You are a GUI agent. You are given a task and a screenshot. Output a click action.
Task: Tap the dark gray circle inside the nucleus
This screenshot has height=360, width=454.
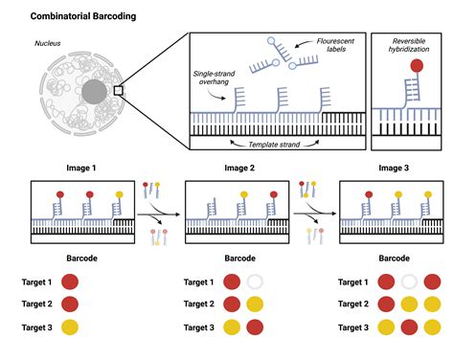[x=95, y=94]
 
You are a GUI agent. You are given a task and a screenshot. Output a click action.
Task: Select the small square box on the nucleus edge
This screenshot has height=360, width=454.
[x=118, y=91]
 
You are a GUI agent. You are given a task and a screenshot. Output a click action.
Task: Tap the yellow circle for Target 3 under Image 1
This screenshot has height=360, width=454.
[x=71, y=327]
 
